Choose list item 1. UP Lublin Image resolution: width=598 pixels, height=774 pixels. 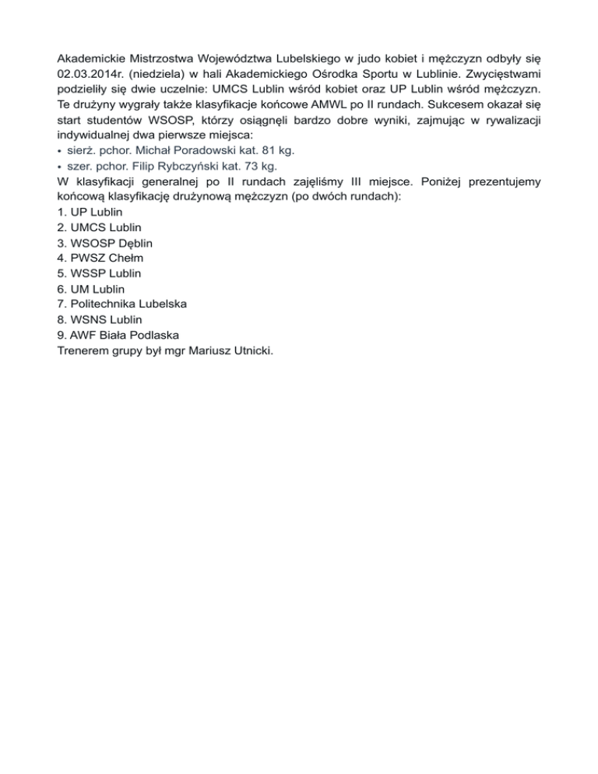(x=90, y=212)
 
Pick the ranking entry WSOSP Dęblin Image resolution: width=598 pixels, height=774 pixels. (x=110, y=243)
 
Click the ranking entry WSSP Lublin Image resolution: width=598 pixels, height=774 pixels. (x=101, y=273)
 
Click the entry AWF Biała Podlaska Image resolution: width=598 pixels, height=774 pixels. (x=124, y=335)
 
